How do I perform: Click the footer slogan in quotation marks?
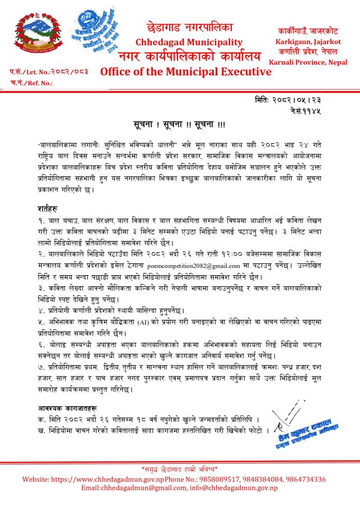[x=180, y=468]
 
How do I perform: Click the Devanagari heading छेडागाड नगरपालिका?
[x=189, y=28]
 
